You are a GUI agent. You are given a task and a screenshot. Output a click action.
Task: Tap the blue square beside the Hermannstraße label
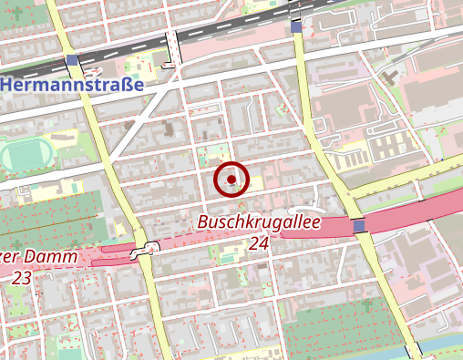72,62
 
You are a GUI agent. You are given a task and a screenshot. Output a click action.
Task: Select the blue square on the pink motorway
358,225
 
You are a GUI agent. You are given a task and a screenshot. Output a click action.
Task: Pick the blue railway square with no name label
296,28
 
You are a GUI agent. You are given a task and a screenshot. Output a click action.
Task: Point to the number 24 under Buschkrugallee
259,243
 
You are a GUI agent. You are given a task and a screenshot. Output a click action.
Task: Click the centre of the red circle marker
231,180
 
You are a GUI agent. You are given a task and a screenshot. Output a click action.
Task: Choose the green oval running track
21,155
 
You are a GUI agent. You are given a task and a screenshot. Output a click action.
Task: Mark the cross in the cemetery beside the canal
367,303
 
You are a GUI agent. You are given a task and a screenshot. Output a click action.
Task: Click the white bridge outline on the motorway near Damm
141,251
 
